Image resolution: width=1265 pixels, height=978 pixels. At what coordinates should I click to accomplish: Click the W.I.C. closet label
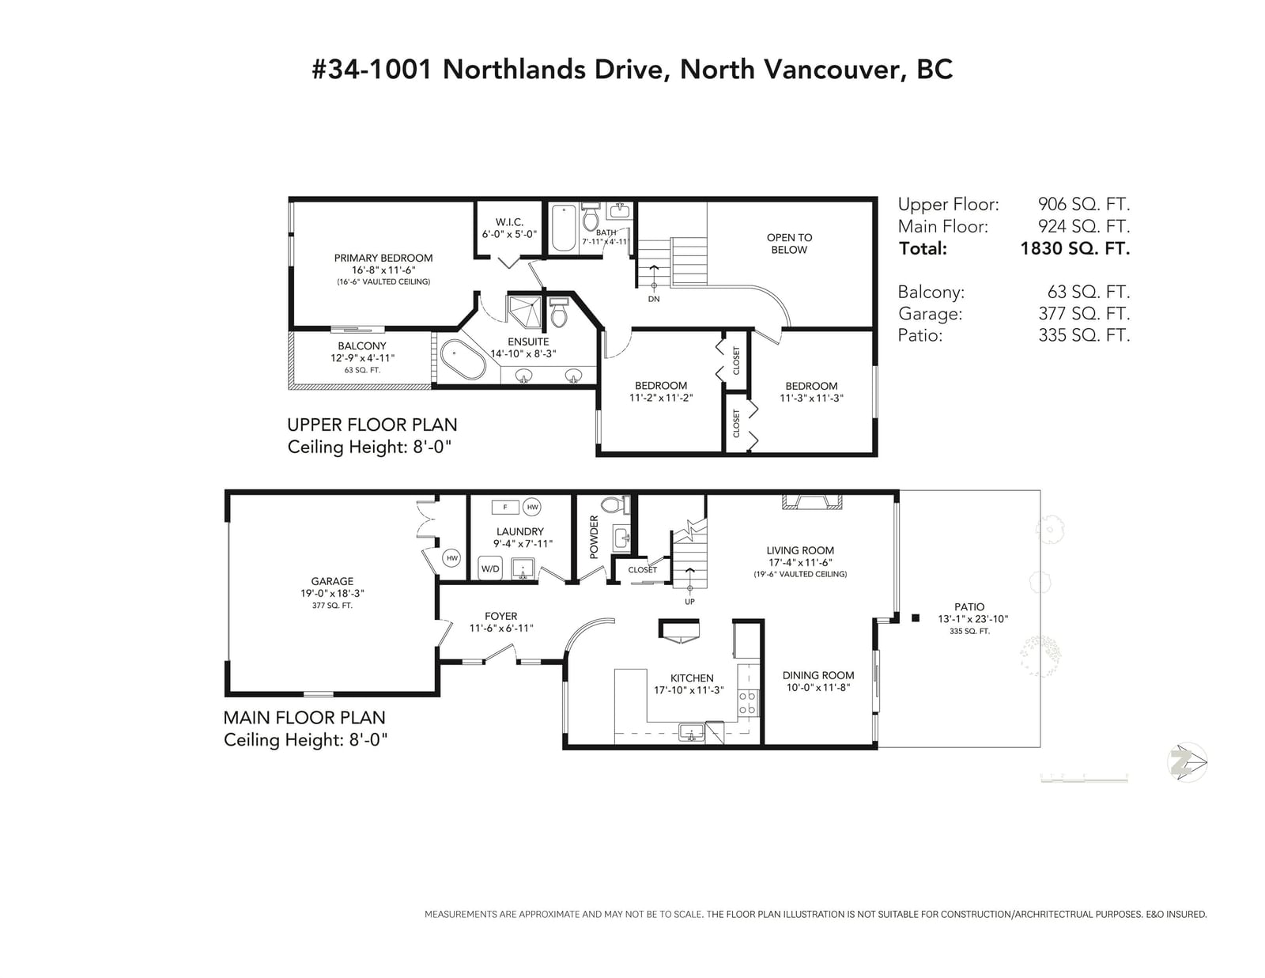[x=509, y=222]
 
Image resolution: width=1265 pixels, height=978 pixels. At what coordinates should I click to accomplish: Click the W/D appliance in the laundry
[x=490, y=568]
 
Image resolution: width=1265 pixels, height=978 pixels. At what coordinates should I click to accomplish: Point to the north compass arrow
[x=1188, y=762]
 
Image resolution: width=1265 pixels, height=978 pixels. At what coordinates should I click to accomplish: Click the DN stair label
[x=654, y=299]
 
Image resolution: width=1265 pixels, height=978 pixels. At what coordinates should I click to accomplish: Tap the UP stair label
[x=689, y=602]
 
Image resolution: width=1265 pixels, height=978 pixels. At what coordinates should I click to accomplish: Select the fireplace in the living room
[x=812, y=502]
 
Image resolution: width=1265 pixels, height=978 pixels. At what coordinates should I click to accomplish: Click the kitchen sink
[x=692, y=732]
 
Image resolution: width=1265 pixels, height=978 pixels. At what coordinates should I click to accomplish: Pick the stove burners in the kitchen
[x=747, y=702]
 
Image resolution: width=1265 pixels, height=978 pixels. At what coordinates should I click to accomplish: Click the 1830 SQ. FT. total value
[x=1074, y=248]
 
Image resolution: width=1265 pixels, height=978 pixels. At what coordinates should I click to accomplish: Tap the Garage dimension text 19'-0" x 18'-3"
[x=332, y=593]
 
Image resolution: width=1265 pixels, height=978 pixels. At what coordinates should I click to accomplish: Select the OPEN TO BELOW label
[x=789, y=244]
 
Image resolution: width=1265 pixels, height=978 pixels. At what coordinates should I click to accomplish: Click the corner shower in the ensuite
[x=524, y=312]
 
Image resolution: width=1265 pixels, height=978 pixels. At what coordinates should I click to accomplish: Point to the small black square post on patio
[x=915, y=618]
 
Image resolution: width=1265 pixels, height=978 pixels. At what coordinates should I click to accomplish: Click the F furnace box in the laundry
[x=504, y=507]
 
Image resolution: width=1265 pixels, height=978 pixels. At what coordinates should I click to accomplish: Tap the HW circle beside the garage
[x=451, y=558]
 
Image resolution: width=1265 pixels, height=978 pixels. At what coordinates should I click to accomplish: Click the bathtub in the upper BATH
[x=564, y=228]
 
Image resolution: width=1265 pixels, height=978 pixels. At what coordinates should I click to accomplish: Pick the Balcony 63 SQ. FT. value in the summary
[x=1088, y=292]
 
